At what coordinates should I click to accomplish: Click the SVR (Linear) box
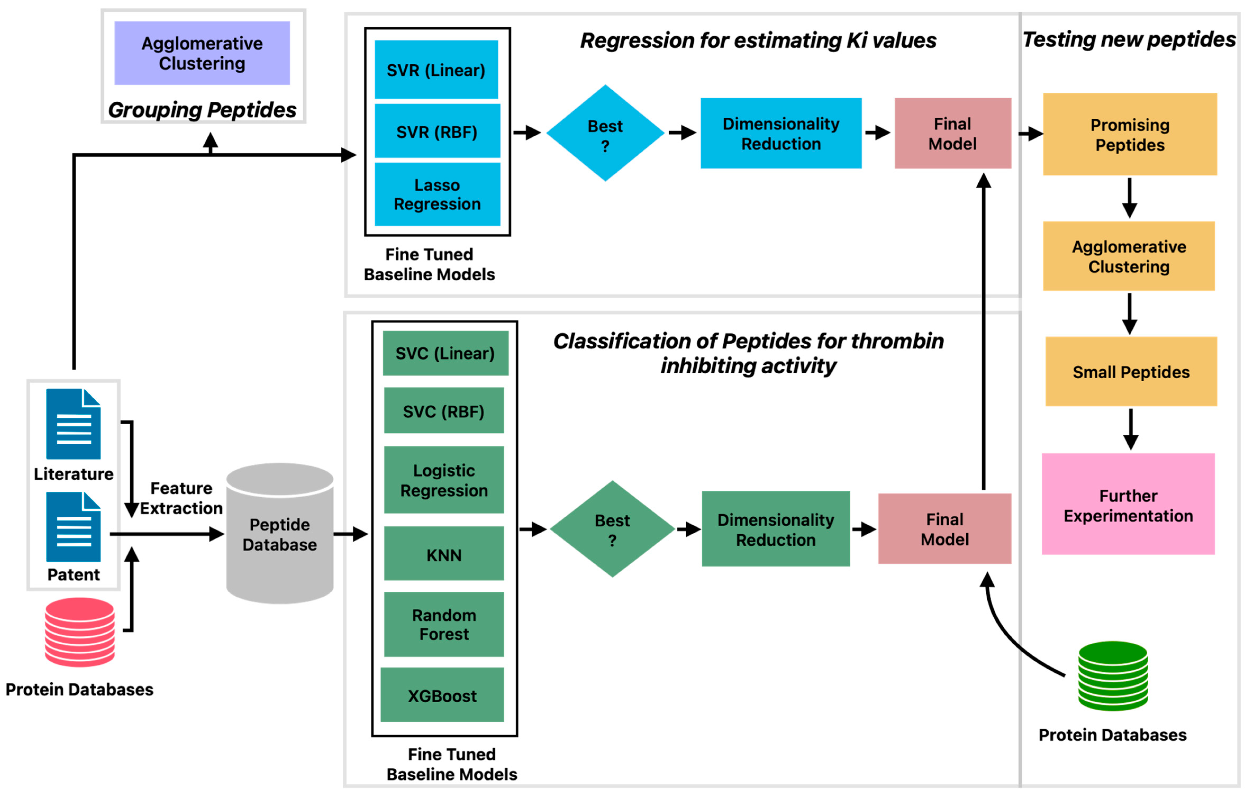pyautogui.click(x=436, y=69)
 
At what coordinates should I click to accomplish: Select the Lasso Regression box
pyautogui.click(x=437, y=194)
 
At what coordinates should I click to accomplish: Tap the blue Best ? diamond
pyautogui.click(x=605, y=133)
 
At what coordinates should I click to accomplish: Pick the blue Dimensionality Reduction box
pyautogui.click(x=781, y=133)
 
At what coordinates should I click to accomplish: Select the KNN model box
pyautogui.click(x=444, y=554)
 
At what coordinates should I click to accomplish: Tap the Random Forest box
pyautogui.click(x=444, y=624)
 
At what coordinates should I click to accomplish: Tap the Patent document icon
pyautogui.click(x=73, y=527)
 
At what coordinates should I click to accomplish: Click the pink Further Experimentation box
pyautogui.click(x=1128, y=505)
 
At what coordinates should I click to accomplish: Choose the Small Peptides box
pyautogui.click(x=1131, y=371)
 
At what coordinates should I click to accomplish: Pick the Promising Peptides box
pyautogui.click(x=1130, y=134)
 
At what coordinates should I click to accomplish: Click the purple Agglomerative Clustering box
pyautogui.click(x=202, y=53)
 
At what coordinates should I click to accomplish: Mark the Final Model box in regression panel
pyautogui.click(x=952, y=133)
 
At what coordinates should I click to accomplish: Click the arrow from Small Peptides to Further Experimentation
pyautogui.click(x=1131, y=429)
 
